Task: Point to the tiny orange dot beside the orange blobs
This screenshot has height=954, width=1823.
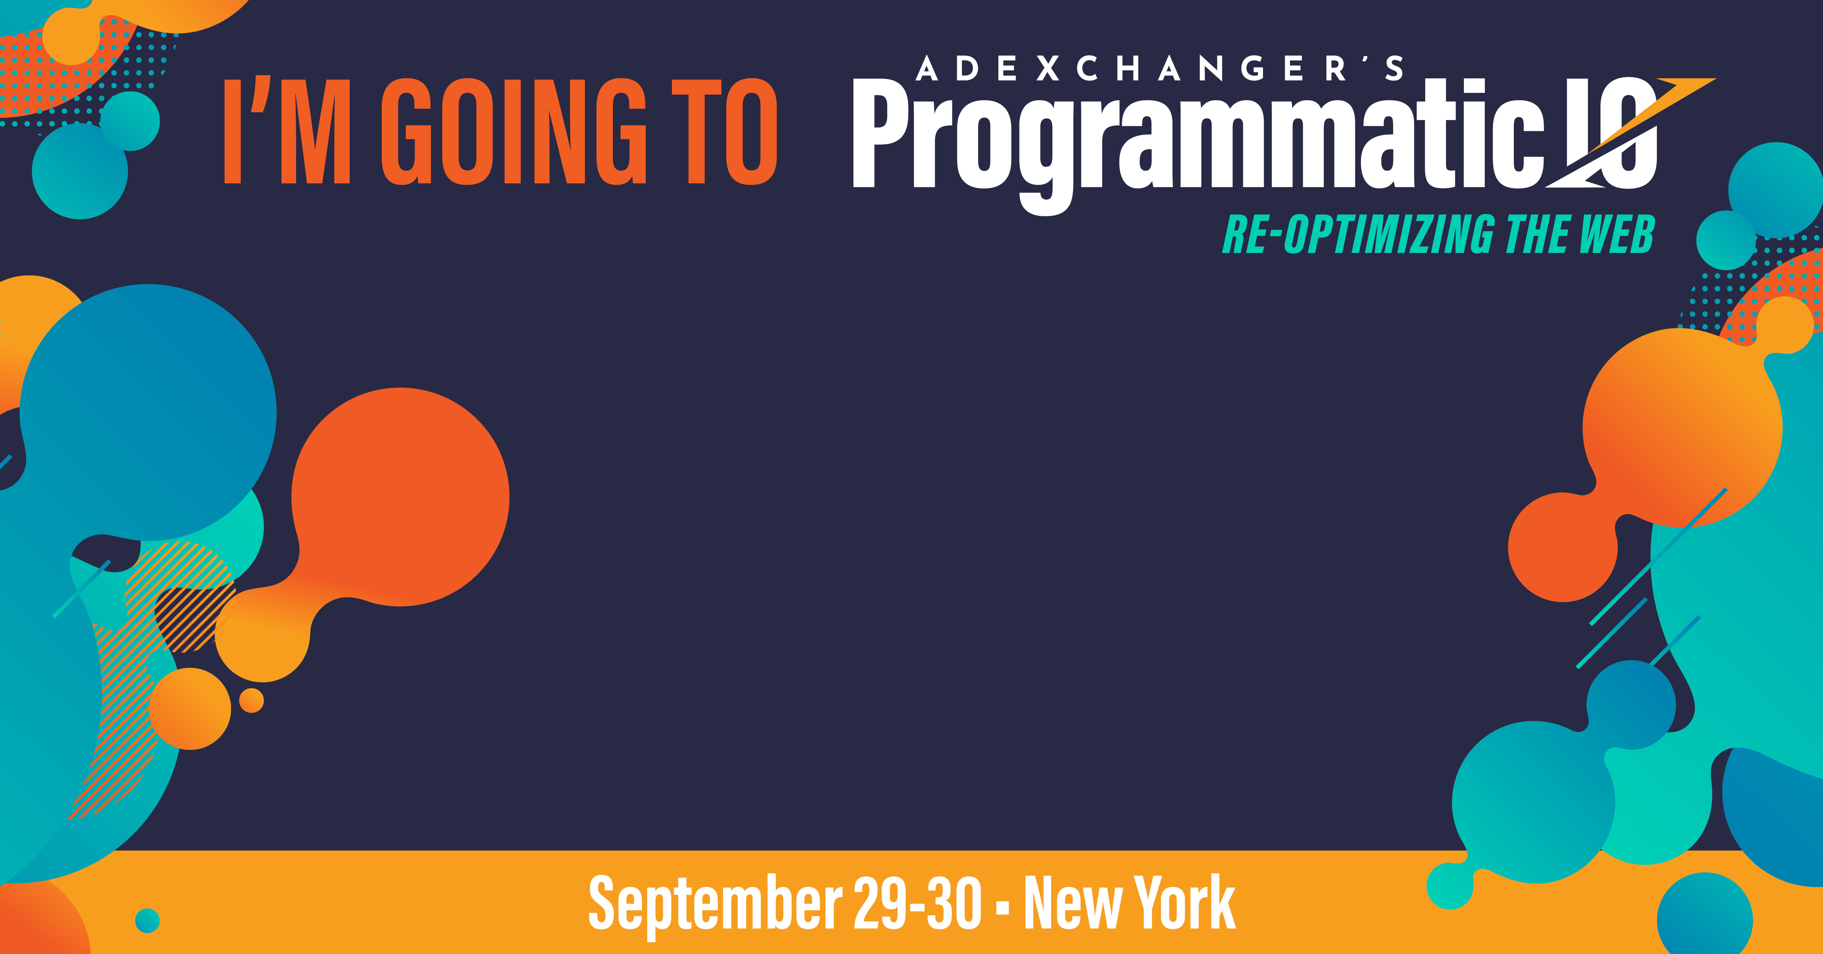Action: pos(251,701)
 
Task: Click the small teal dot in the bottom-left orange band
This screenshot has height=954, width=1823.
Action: pos(147,920)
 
